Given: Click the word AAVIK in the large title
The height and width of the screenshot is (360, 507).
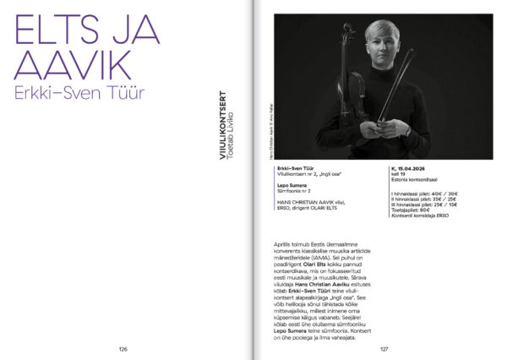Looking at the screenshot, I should (73, 67).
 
